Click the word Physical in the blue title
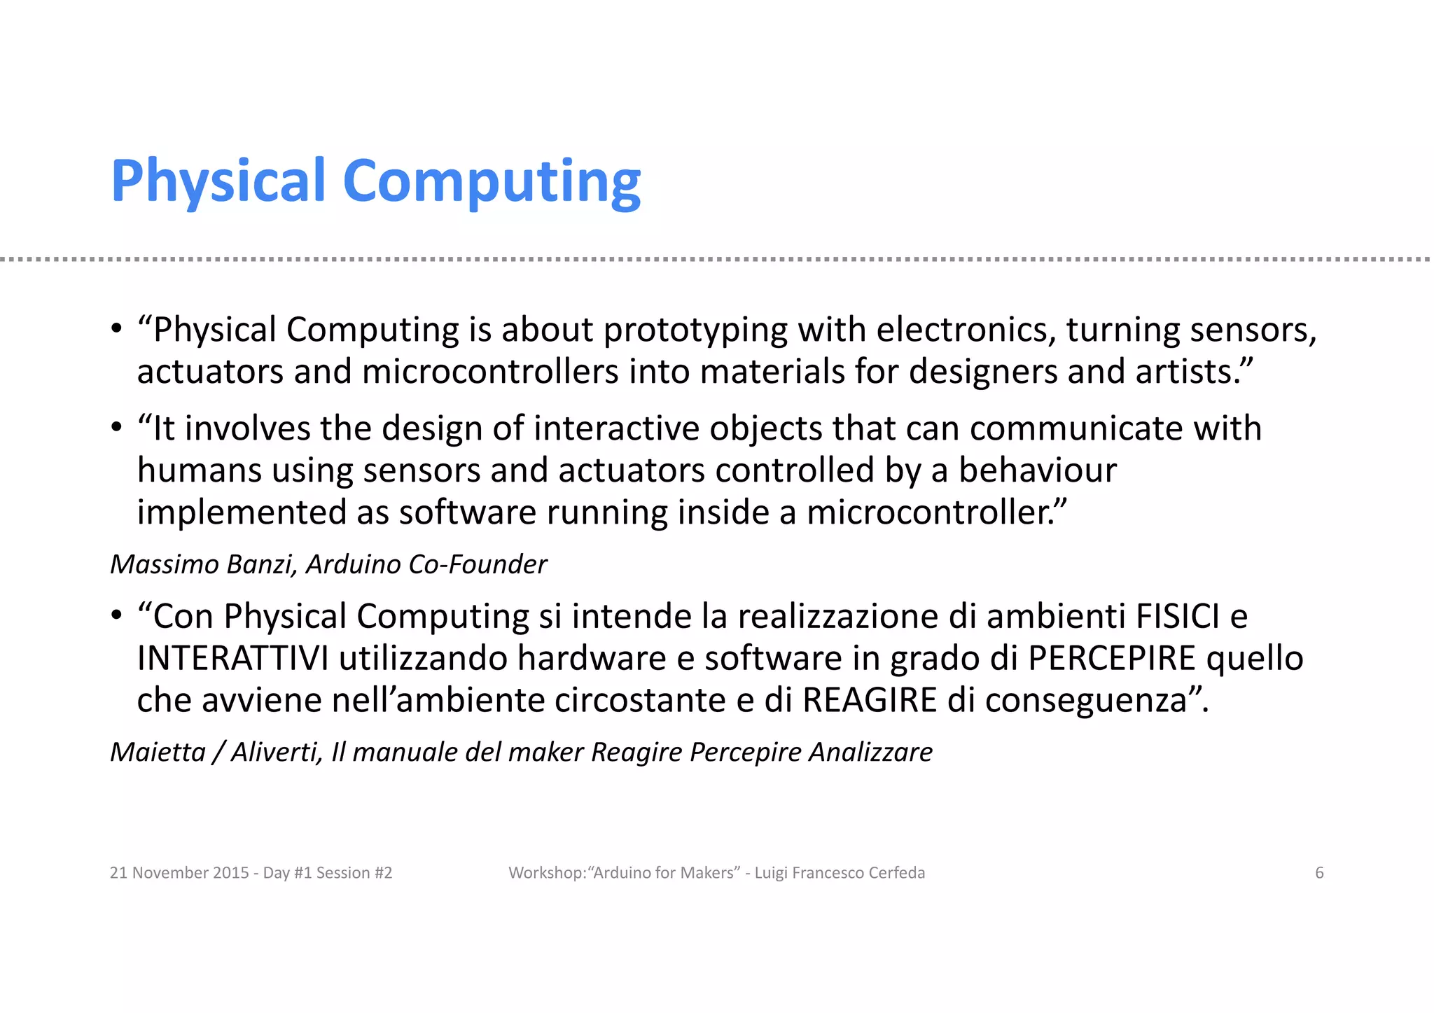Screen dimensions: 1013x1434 coord(218,181)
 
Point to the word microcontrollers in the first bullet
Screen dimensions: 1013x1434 coord(490,372)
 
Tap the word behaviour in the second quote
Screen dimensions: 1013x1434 coord(1037,470)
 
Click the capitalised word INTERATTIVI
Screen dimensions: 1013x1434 coord(232,658)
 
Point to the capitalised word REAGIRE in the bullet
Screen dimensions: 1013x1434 coord(870,700)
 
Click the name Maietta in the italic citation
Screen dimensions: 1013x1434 coord(158,752)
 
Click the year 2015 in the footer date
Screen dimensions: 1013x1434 coord(231,873)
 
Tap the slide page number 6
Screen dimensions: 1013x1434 coord(1319,873)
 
